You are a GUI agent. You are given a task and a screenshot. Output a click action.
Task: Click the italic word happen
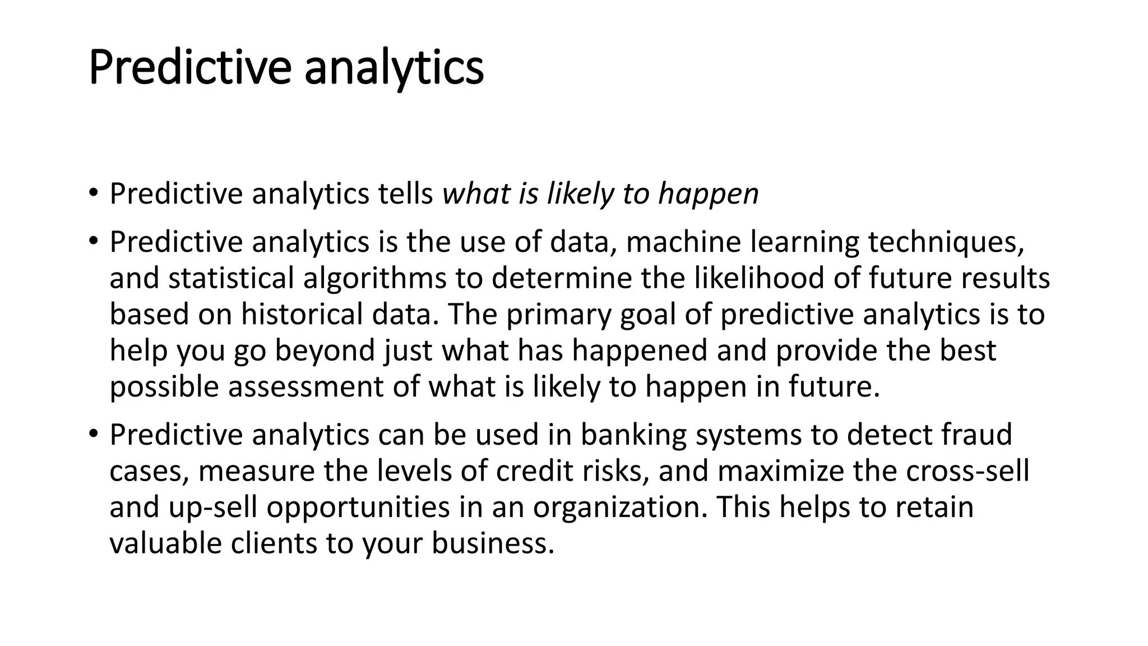708,195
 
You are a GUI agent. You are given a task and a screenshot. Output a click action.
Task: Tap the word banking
633,435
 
